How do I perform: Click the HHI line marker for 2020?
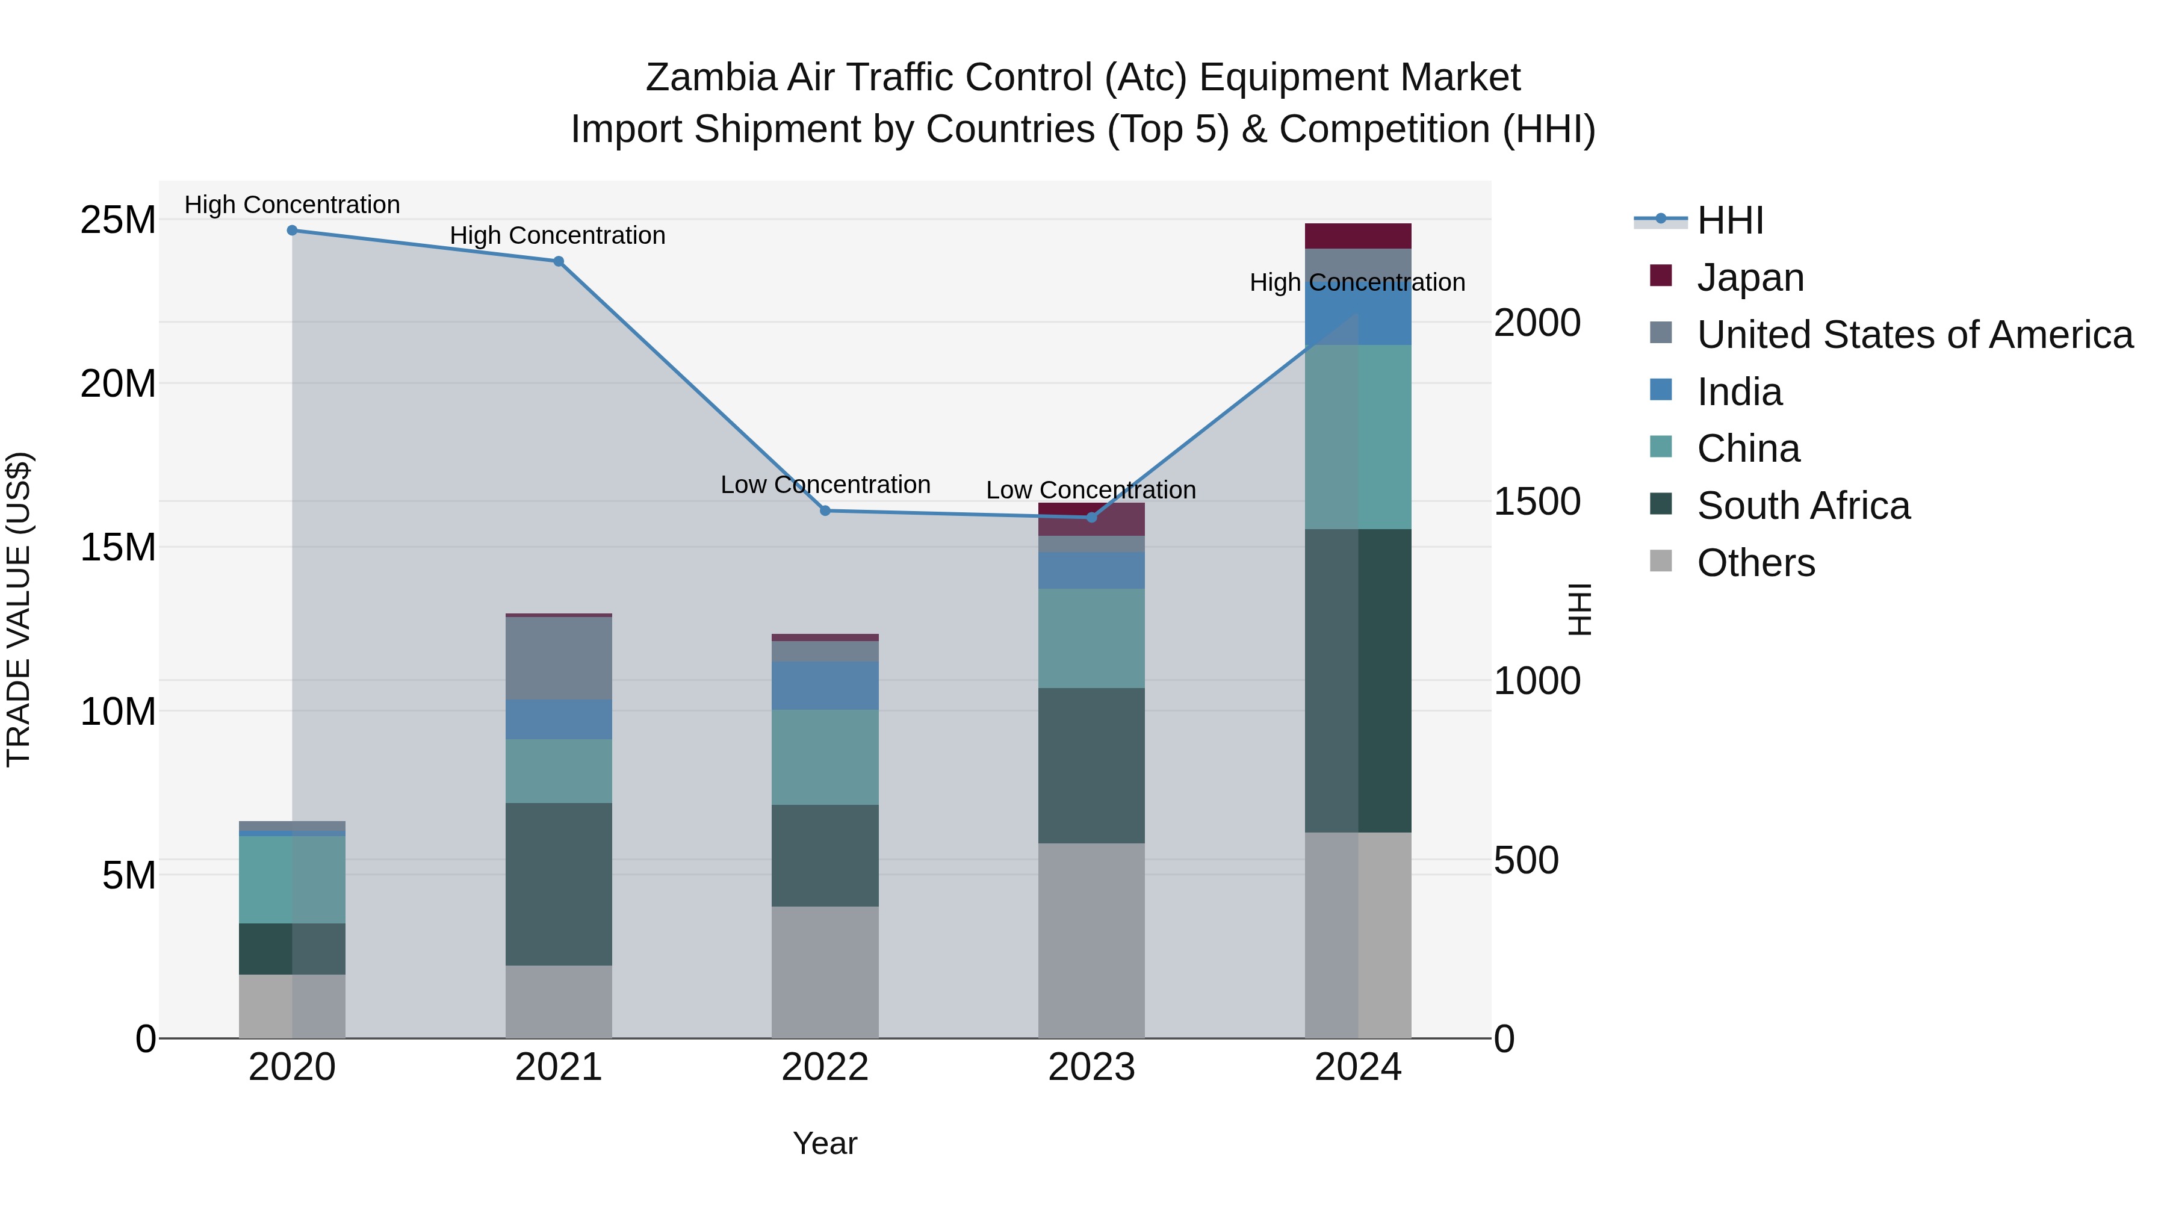pos(292,231)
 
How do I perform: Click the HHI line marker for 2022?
pos(825,510)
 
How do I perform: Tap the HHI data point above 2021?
pos(559,262)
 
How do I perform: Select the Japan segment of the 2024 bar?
pos(1358,237)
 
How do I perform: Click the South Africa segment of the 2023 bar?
pos(1091,766)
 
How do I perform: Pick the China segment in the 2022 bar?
pos(825,757)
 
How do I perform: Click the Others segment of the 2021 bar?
pos(559,1001)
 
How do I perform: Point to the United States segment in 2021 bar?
pos(559,659)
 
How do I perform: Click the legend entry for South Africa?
pos(1803,506)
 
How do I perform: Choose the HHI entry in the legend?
pos(1729,220)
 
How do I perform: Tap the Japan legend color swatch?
pos(1661,276)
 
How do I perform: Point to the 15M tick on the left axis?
pos(118,548)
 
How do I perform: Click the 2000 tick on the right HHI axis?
pos(1536,323)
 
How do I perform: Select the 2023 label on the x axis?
pos(1091,1067)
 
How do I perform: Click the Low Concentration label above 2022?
pos(825,485)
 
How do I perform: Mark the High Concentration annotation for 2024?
pos(1357,283)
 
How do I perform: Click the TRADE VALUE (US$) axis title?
pos(19,609)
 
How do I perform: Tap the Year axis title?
pos(825,1143)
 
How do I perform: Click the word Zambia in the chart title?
pos(711,78)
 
